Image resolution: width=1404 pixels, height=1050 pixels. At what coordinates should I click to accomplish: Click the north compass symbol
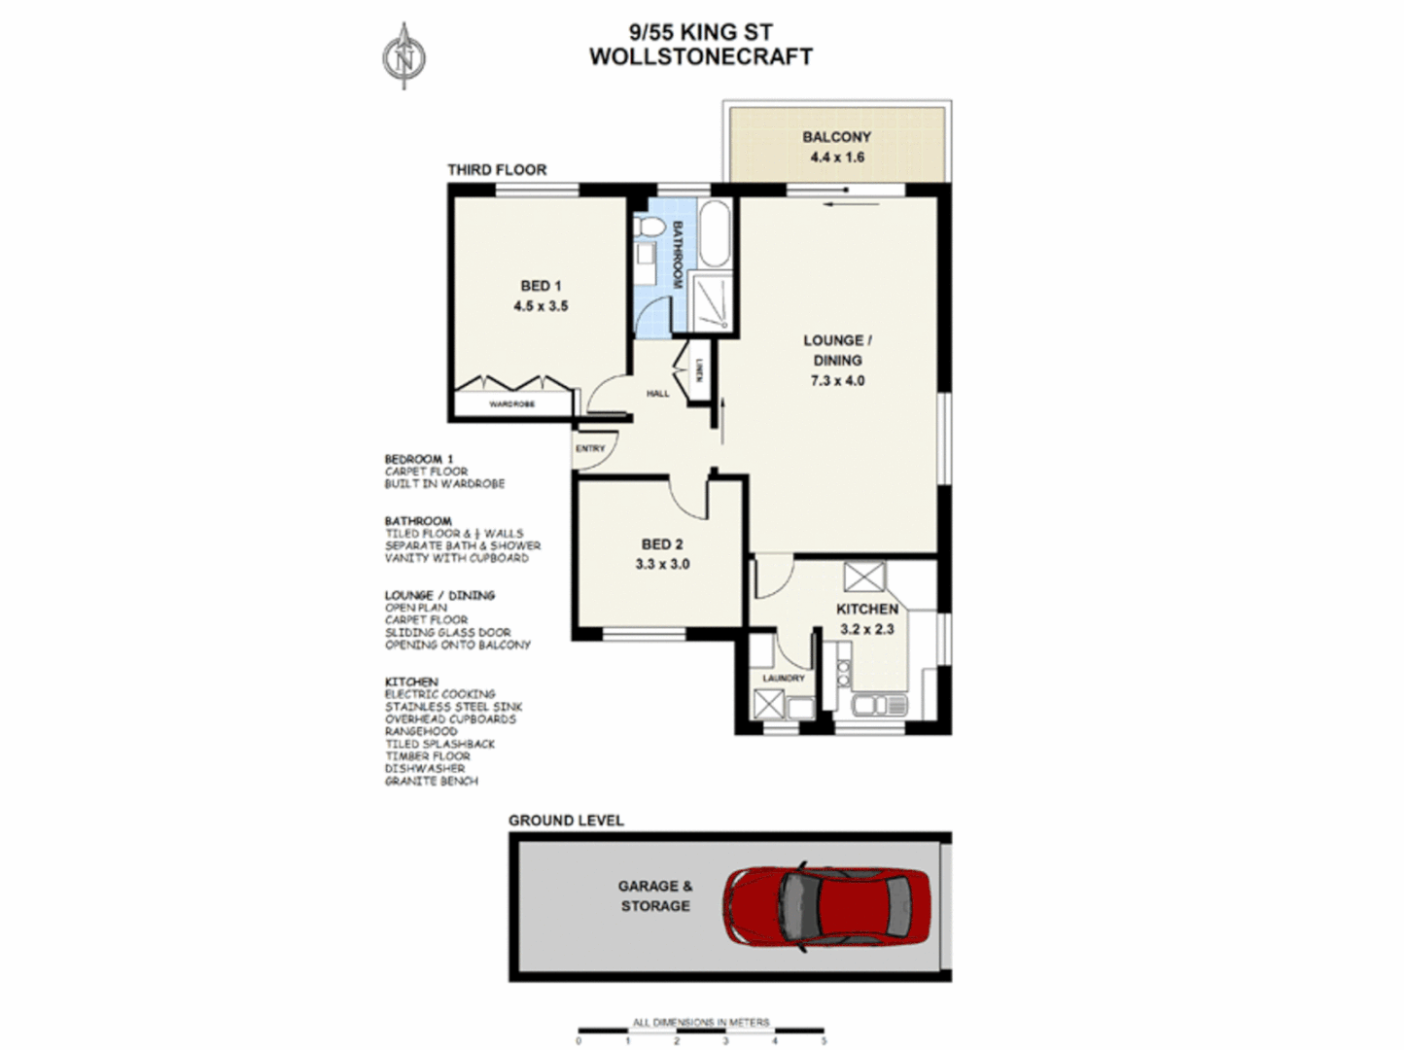click(x=404, y=57)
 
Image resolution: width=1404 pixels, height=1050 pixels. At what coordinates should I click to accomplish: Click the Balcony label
click(x=836, y=137)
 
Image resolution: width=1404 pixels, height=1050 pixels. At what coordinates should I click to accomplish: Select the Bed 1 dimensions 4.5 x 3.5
click(x=541, y=306)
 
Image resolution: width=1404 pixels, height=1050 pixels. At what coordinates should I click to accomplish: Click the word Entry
click(x=589, y=449)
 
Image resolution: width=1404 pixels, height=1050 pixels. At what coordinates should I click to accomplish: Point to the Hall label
click(x=658, y=394)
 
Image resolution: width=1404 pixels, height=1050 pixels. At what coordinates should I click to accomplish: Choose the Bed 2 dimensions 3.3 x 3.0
click(x=662, y=564)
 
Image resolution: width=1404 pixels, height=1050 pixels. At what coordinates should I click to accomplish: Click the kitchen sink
click(x=878, y=704)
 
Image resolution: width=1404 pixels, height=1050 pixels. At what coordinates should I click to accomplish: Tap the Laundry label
click(x=783, y=678)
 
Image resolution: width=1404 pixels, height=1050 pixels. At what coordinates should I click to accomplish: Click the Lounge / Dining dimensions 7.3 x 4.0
click(x=837, y=381)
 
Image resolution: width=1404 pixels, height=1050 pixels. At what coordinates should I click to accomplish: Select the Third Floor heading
click(x=497, y=170)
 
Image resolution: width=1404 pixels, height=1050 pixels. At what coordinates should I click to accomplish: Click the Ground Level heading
click(x=566, y=821)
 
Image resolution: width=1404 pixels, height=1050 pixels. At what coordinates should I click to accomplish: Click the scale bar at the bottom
click(x=701, y=1031)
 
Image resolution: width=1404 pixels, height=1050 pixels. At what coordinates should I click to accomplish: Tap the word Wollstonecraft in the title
click(x=700, y=56)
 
